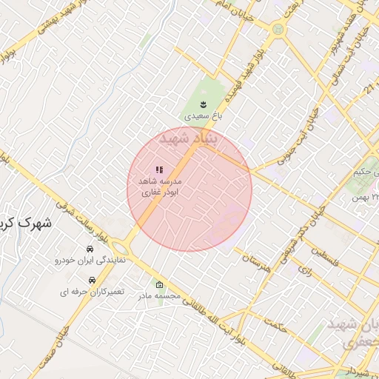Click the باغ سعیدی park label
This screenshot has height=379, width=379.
(203, 116)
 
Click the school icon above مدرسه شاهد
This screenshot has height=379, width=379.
(159, 170)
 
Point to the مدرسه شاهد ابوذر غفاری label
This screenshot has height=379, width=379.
(161, 186)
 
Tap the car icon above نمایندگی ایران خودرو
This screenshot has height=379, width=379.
(90, 249)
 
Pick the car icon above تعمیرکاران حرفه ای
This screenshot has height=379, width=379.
(92, 281)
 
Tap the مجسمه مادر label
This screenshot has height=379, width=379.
(158, 295)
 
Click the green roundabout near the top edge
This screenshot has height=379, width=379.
(278, 30)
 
